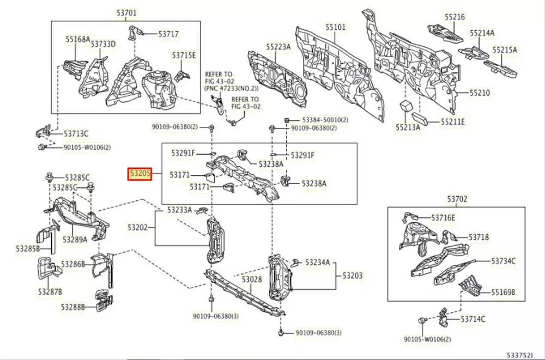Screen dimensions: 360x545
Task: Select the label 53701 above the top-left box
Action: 126,13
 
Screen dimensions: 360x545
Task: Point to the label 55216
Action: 454,17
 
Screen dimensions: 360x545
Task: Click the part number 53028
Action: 252,279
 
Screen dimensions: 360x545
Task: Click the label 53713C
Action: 76,133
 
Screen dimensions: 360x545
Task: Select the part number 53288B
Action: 72,307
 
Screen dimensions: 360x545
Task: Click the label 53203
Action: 352,276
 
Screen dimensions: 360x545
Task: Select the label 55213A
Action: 408,127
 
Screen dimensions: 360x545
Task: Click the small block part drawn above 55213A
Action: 405,105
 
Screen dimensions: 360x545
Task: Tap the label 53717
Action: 168,34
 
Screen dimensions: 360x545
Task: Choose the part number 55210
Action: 479,93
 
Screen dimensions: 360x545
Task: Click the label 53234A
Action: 317,263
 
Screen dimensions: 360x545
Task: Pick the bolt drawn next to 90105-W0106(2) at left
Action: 41,148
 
